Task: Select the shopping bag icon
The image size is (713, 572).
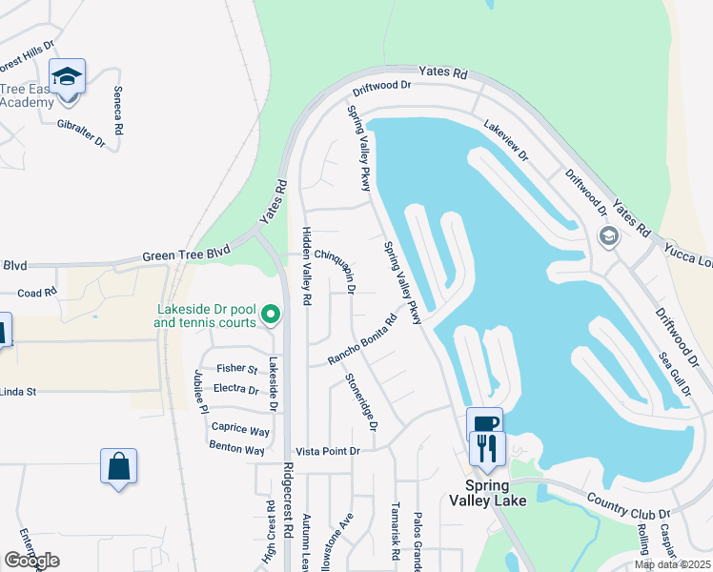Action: (x=118, y=467)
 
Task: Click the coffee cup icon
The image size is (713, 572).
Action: (x=484, y=423)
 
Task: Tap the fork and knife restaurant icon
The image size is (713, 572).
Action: (x=487, y=447)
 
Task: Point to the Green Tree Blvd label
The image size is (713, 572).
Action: (x=187, y=255)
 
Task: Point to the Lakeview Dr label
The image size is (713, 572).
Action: (x=505, y=139)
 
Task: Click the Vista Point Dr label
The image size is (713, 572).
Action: (x=328, y=451)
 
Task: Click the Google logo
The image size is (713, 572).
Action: (x=31, y=561)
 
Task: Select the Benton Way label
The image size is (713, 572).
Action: (x=237, y=449)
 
